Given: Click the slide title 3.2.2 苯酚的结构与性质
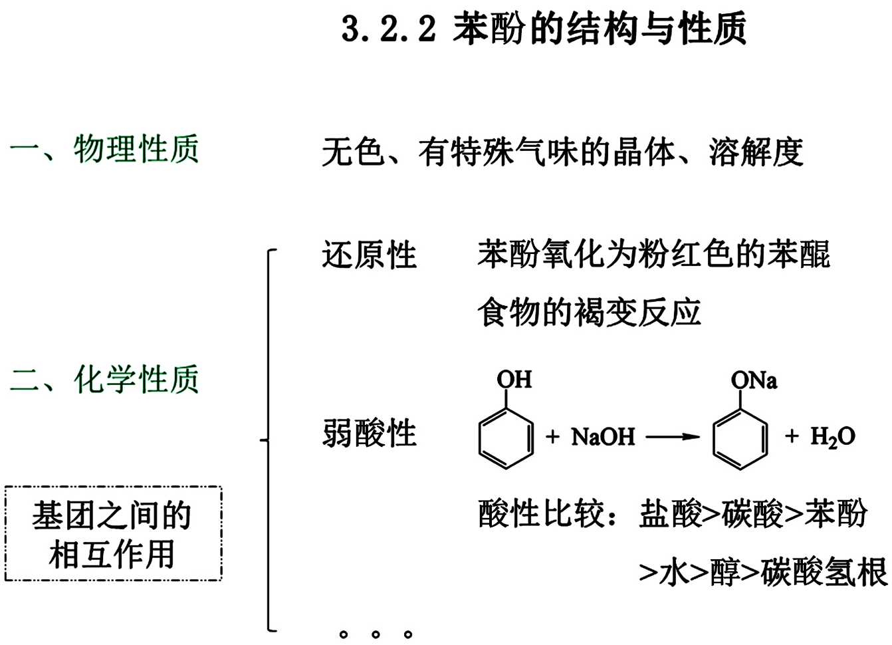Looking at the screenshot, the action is [544, 29].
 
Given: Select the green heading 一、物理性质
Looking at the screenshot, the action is [104, 148].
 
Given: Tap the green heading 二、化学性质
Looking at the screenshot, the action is [104, 380].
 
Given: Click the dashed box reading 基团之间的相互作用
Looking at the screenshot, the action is [113, 534].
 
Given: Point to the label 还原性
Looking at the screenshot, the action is [369, 255].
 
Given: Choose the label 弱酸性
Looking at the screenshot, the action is [369, 434].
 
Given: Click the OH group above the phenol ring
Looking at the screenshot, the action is [514, 380].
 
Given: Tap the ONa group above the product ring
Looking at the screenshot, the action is [754, 380].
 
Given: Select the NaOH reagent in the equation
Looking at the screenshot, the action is [603, 437].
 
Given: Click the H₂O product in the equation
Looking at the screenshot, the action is [832, 437].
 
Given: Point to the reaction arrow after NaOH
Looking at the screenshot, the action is [673, 437].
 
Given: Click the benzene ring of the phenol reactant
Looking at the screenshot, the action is [506, 438].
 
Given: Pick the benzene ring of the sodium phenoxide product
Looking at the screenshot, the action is [740, 438].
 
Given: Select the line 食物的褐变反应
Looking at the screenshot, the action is [589, 313].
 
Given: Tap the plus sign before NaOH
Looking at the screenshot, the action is [552, 437].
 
